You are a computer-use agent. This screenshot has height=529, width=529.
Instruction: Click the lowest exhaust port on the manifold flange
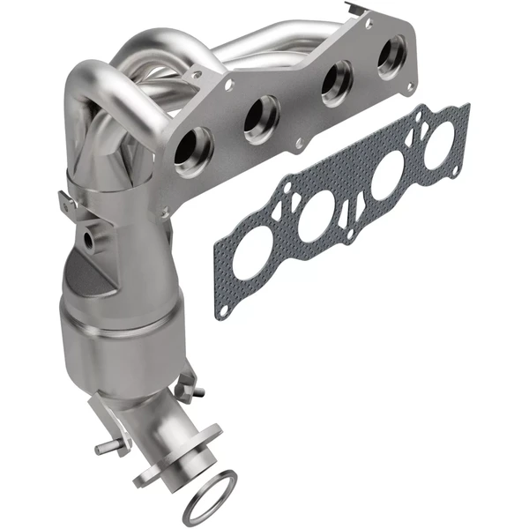pyautogui.click(x=194, y=149)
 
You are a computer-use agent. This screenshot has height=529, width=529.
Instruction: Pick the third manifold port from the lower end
pyautogui.click(x=335, y=86)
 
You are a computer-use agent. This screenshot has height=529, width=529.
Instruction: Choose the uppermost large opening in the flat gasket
pyautogui.click(x=438, y=143)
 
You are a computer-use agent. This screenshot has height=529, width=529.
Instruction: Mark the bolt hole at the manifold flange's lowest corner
pyautogui.click(x=163, y=212)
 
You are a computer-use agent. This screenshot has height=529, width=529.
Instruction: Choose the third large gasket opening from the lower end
pyautogui.click(x=389, y=177)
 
